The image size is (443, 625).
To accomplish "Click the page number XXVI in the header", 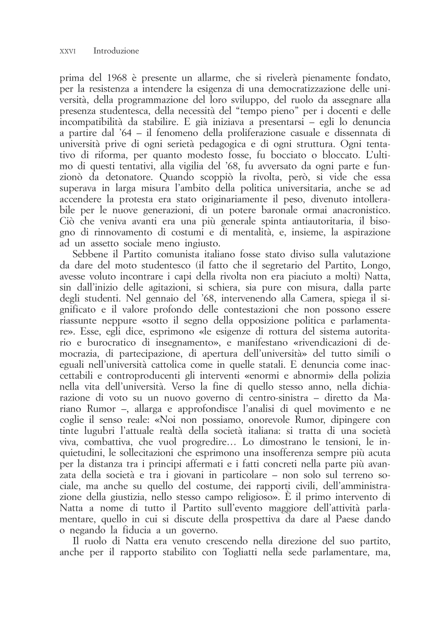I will tap(68, 52).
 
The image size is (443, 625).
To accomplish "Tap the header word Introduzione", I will tap(116, 51).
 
